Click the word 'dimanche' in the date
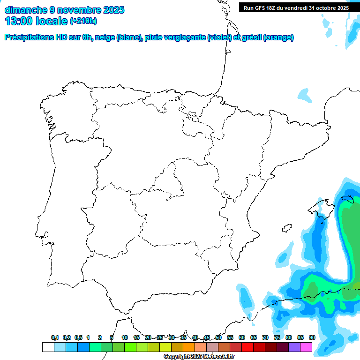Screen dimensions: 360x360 (26, 10)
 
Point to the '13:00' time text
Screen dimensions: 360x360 (18, 21)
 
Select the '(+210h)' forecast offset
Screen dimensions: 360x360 (83, 21)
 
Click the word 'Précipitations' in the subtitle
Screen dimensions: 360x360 (32, 37)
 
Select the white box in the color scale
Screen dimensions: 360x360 (48, 347)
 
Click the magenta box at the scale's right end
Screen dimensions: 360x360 (306, 347)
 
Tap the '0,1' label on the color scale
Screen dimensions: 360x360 (55, 338)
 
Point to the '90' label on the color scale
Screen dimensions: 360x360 (312, 338)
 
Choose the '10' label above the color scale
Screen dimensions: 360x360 (125, 338)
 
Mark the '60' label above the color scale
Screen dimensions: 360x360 (242, 338)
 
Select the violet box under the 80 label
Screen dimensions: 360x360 (294, 347)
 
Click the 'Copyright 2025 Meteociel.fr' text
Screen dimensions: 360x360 (205, 357)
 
